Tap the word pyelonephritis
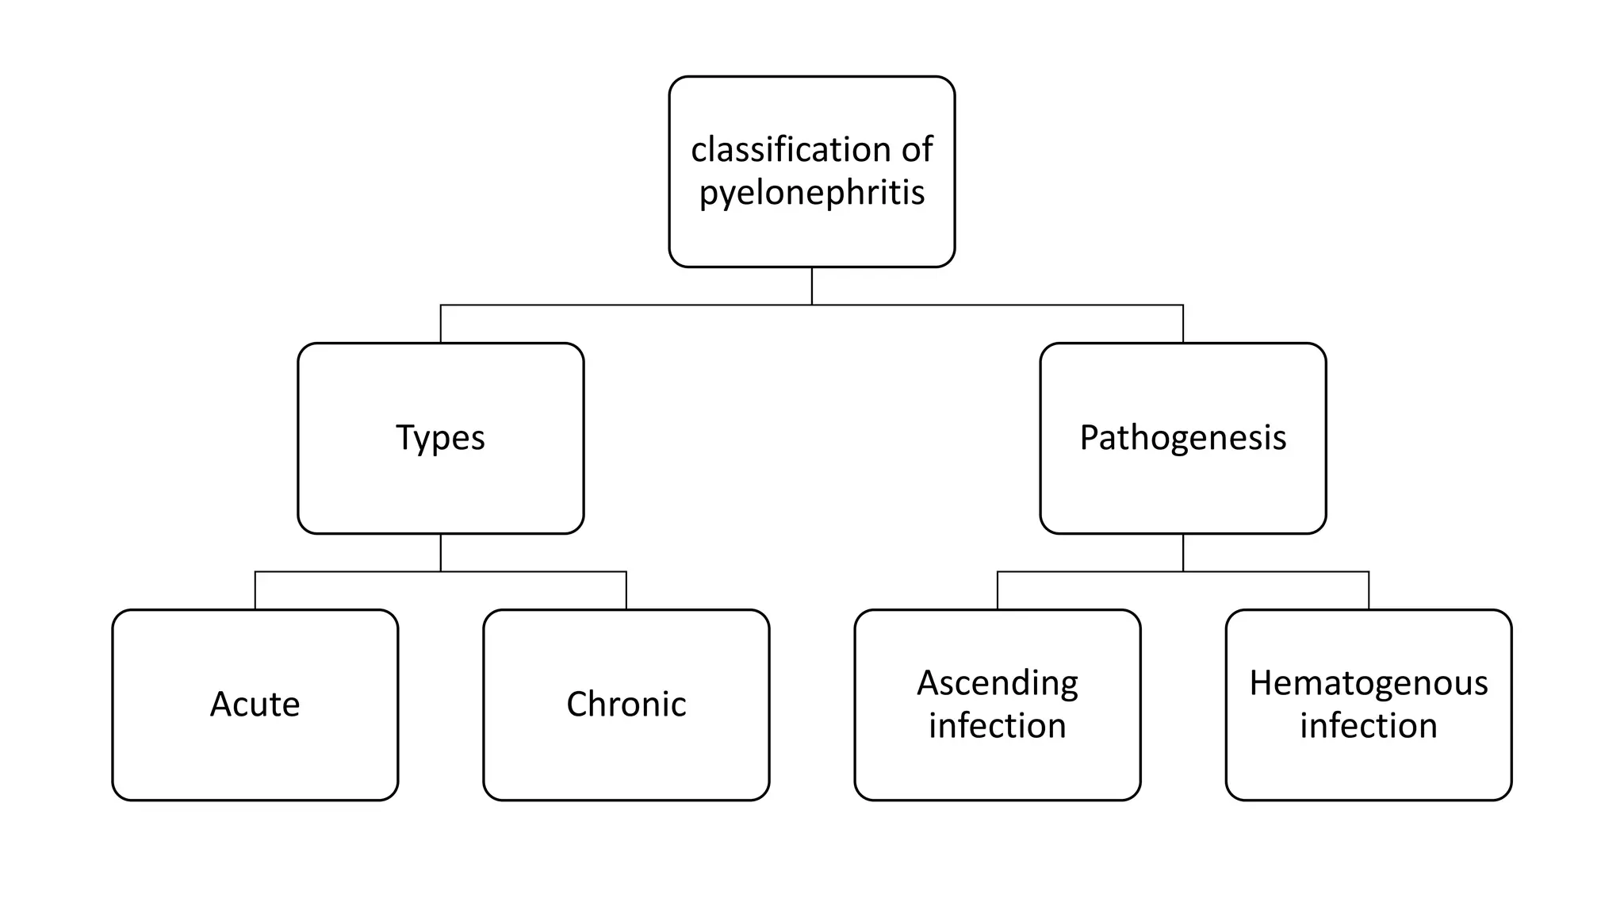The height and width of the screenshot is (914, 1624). pyautogui.click(x=812, y=193)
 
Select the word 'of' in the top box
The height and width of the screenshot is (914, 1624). pyautogui.click(x=917, y=149)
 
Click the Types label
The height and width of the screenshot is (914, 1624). pyautogui.click(x=440, y=438)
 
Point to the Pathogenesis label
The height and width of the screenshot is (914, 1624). pyautogui.click(x=1182, y=438)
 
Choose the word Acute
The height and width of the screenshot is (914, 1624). pyautogui.click(x=255, y=705)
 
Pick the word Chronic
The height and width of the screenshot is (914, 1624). pyautogui.click(x=626, y=705)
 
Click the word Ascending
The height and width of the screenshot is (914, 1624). pyautogui.click(x=998, y=683)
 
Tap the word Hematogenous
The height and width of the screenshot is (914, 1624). pyautogui.click(x=1369, y=683)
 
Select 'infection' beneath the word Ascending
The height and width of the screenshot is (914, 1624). pyautogui.click(x=998, y=726)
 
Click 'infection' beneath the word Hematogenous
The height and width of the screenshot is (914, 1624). pyautogui.click(x=1369, y=726)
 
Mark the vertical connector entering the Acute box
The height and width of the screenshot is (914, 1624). pyautogui.click(x=255, y=590)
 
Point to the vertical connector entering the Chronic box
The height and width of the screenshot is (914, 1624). pyautogui.click(x=626, y=590)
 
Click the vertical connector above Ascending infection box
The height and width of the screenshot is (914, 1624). pyautogui.click(x=998, y=590)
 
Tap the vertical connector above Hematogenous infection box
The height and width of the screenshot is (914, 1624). pyautogui.click(x=1369, y=590)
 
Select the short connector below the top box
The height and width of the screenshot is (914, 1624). pyautogui.click(x=812, y=286)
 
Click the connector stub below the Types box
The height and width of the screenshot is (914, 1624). pyautogui.click(x=441, y=552)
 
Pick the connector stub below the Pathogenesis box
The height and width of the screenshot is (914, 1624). pyautogui.click(x=1183, y=552)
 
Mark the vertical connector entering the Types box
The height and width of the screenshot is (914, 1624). pyautogui.click(x=441, y=324)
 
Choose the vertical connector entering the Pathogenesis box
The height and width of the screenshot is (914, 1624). pyautogui.click(x=1183, y=324)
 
